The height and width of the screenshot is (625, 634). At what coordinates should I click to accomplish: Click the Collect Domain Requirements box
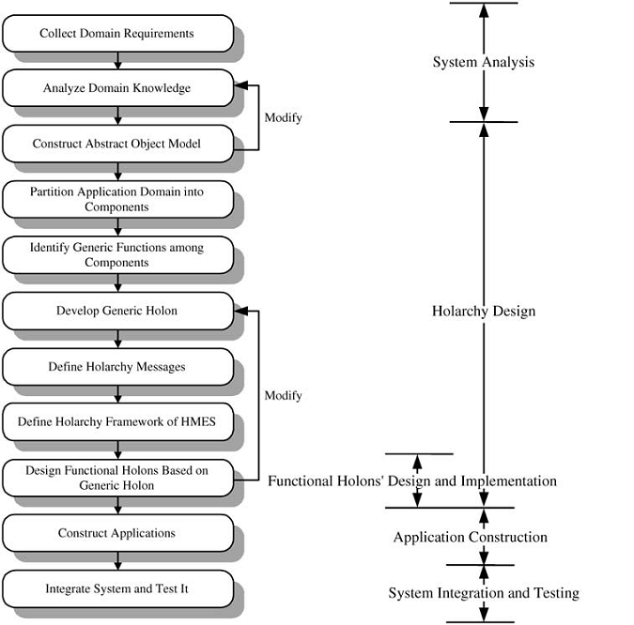point(118,34)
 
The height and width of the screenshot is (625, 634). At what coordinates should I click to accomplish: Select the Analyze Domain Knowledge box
point(118,88)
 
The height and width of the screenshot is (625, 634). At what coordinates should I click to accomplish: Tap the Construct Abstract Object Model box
point(118,144)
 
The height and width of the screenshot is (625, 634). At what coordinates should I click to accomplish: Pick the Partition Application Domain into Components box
point(118,200)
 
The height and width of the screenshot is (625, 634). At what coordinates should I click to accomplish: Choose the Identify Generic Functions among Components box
point(118,255)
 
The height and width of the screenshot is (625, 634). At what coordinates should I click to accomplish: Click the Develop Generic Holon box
point(118,311)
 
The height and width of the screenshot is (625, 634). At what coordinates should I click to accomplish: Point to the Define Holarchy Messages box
point(118,367)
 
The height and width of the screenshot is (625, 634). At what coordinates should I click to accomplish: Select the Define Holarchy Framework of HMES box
point(118,421)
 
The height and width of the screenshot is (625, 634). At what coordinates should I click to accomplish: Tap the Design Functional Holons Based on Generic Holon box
point(118,478)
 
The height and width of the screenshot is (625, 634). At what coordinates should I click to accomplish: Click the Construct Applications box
point(118,533)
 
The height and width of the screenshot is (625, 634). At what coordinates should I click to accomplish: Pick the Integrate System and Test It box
point(118,589)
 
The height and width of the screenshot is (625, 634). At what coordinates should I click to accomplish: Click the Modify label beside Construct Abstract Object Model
point(283,118)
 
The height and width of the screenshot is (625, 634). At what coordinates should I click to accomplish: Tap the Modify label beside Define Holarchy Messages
point(283,395)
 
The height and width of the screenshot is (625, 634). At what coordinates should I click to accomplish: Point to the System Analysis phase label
point(484,62)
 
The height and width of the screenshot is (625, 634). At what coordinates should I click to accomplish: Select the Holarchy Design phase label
point(484,311)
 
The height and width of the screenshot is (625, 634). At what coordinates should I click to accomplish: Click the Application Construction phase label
point(471,537)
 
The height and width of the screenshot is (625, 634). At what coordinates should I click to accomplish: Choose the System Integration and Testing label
point(484,593)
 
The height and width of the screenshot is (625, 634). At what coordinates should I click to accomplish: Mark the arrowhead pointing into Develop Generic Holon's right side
point(241,311)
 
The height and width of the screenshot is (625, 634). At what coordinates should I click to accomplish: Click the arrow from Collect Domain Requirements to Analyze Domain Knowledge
point(117,61)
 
